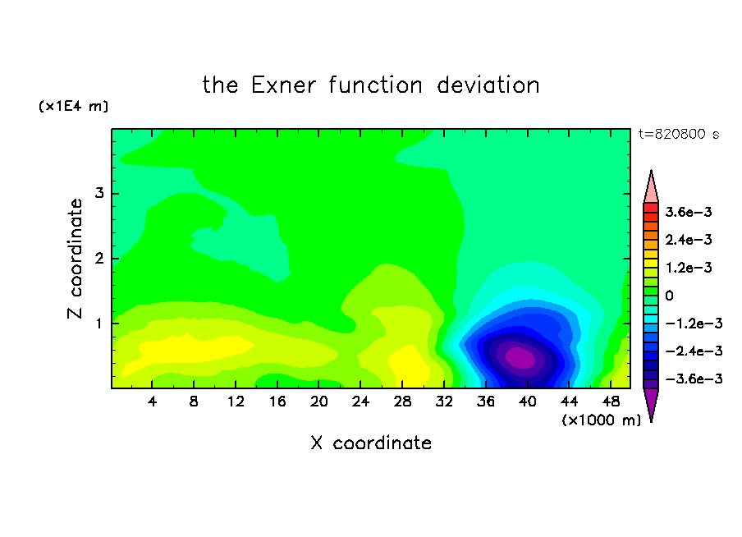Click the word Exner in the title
pos(283,85)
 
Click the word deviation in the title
pos(488,85)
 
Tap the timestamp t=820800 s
pos(679,134)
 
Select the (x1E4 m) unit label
pos(73,106)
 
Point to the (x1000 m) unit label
pos(601,420)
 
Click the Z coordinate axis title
pos(76,259)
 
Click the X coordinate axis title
pos(371,443)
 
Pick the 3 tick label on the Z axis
pos(99,193)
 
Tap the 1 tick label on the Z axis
pos(99,324)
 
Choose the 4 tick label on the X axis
pos(152,402)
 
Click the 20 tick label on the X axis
pos(319,402)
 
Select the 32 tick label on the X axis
pos(444,402)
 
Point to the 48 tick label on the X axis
pos(611,402)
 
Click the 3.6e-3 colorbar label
pos(688,212)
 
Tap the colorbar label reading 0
pos(669,296)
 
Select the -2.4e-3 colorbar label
pos(694,351)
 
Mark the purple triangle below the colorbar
pos(651,403)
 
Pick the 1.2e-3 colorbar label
pos(688,268)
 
